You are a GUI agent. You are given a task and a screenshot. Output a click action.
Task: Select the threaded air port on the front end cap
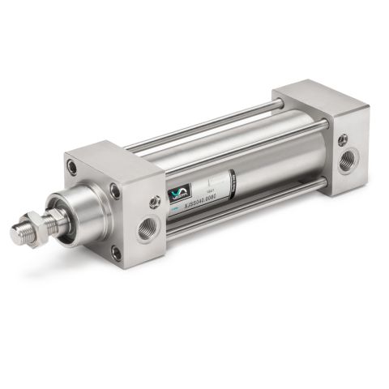146,229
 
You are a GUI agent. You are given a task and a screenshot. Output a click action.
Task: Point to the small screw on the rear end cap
343,139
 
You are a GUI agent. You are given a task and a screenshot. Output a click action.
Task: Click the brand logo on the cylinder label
177,192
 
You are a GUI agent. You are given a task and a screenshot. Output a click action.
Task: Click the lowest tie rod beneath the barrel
243,209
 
